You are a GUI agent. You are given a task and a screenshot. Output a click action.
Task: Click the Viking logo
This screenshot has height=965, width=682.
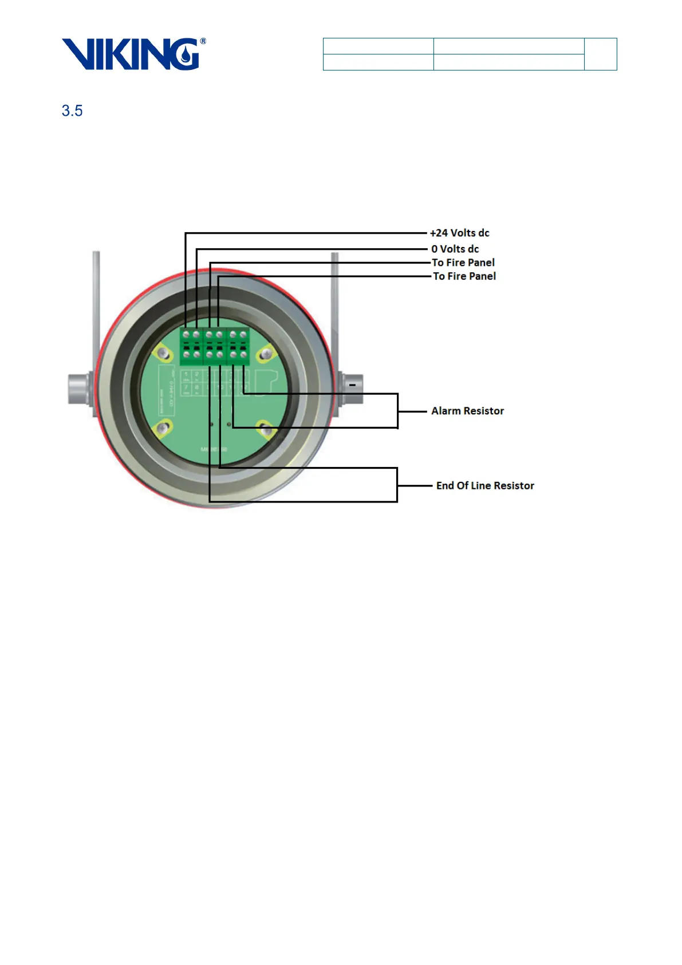click(x=131, y=54)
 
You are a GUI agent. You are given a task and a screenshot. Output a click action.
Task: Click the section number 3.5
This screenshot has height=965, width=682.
click(x=72, y=111)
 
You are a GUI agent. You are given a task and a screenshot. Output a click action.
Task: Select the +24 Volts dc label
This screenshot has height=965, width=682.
click(x=460, y=233)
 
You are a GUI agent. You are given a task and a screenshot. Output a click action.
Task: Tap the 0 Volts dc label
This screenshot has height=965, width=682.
click(x=455, y=249)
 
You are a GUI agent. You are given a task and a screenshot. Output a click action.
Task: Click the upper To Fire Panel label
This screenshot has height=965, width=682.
click(x=463, y=262)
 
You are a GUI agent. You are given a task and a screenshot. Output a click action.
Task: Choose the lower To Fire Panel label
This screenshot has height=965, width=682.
click(x=464, y=276)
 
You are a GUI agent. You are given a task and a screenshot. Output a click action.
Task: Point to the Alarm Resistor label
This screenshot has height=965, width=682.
click(x=467, y=411)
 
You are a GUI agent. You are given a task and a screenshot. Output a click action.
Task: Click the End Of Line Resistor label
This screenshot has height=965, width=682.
click(x=485, y=485)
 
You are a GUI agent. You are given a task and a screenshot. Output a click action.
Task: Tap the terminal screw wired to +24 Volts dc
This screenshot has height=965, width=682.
click(x=186, y=334)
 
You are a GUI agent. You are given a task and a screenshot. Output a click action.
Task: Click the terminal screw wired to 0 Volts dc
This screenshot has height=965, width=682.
click(x=196, y=334)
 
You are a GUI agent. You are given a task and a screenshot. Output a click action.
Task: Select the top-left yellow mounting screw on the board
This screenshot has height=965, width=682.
click(x=164, y=354)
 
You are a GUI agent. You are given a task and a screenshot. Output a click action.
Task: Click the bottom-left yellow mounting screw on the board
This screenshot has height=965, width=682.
click(x=164, y=427)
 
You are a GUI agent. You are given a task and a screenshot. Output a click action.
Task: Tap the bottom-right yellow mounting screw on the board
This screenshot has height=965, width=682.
click(x=265, y=429)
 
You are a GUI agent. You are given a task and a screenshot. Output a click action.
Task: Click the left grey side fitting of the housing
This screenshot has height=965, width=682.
click(x=79, y=388)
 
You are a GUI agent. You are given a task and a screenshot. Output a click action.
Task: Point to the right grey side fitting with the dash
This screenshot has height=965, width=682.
click(x=350, y=387)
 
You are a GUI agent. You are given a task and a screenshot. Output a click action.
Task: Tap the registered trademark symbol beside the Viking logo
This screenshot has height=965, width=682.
click(x=203, y=41)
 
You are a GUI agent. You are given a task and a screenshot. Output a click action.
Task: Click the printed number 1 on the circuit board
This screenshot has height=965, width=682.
click(x=186, y=375)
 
